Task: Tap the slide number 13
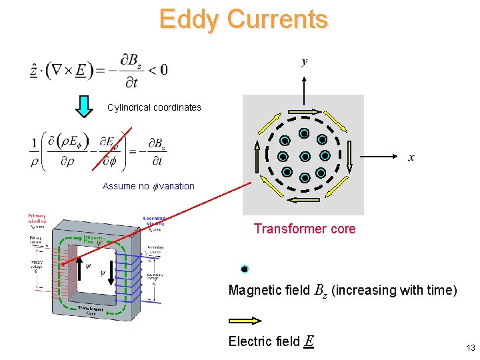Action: [471, 347]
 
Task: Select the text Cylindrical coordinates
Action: [154, 107]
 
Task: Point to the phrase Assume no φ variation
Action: [149, 186]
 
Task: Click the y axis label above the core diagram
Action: [304, 63]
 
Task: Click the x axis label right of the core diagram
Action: [411, 157]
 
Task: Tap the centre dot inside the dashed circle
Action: [304, 157]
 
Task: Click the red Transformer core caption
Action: [305, 229]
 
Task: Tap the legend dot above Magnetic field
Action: [245, 269]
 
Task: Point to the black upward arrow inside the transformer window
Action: [81, 261]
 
